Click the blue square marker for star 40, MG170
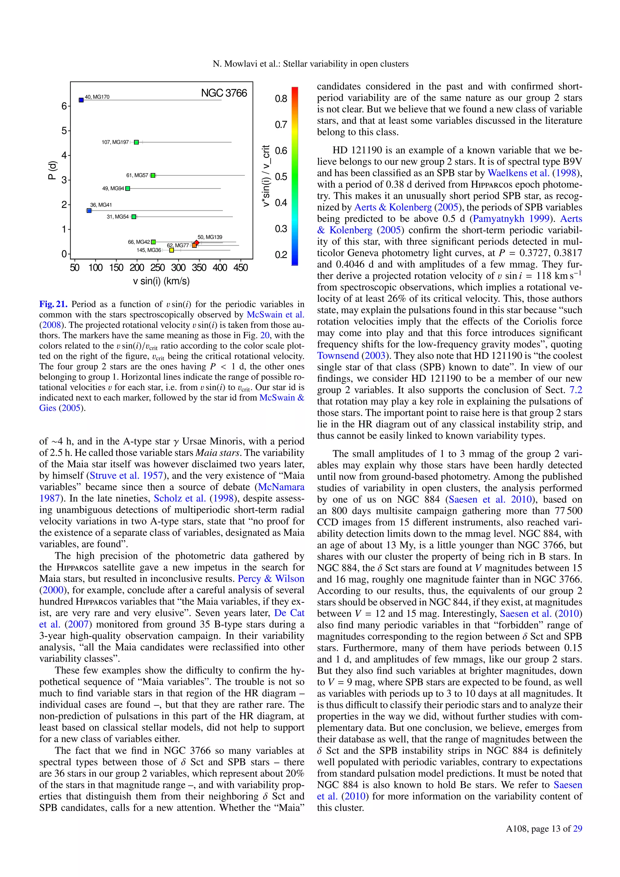pyautogui.click(x=81, y=100)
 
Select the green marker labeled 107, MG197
pyautogui.click(x=136, y=142)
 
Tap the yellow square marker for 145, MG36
pyautogui.click(x=171, y=250)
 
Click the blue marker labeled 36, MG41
pyautogui.click(x=89, y=210)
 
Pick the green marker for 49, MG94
pyautogui.click(x=127, y=188)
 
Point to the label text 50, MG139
pyautogui.click(x=209, y=237)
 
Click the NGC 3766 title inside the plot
pyautogui.click(x=224, y=93)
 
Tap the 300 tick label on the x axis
pyautogui.click(x=178, y=267)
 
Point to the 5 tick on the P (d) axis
pyautogui.click(x=64, y=131)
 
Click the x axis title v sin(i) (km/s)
pyautogui.click(x=161, y=282)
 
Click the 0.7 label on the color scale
pyautogui.click(x=281, y=124)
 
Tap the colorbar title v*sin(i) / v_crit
pyautogui.click(x=266, y=176)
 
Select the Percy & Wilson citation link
pyautogui.click(x=271, y=579)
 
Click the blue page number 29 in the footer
pyautogui.click(x=578, y=829)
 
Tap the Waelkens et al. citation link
pyautogui.click(x=519, y=173)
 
